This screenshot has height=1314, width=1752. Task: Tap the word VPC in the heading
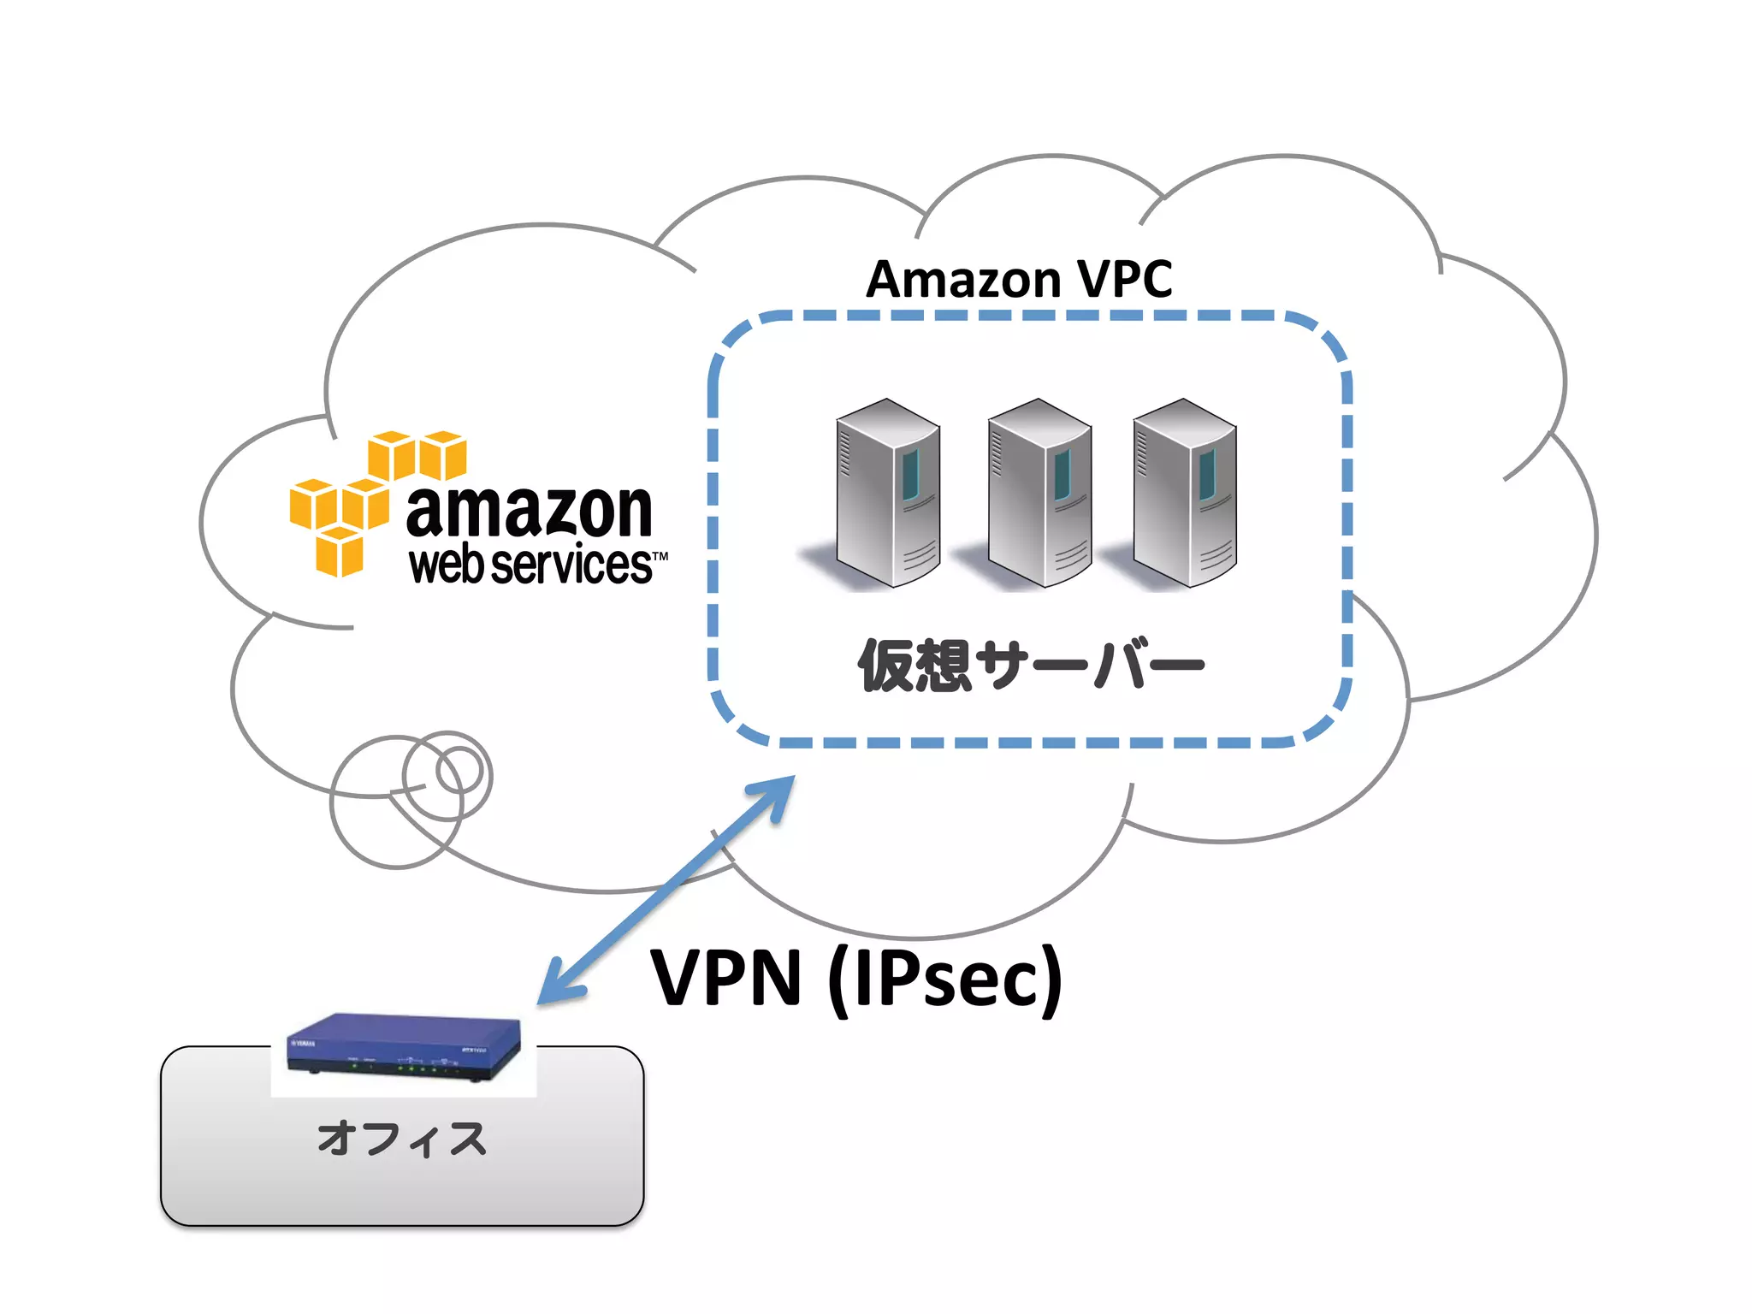(1124, 280)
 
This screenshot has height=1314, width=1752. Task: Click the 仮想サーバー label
(1031, 666)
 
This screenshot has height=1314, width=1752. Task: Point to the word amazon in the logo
(529, 511)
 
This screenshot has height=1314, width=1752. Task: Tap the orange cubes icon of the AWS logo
(368, 500)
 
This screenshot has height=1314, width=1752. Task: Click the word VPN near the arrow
(725, 978)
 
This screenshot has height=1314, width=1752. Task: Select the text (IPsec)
(945, 980)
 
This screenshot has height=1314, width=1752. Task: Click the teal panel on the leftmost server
(910, 475)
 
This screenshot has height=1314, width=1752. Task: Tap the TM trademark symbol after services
(660, 556)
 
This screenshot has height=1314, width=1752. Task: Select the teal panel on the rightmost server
(1207, 475)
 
